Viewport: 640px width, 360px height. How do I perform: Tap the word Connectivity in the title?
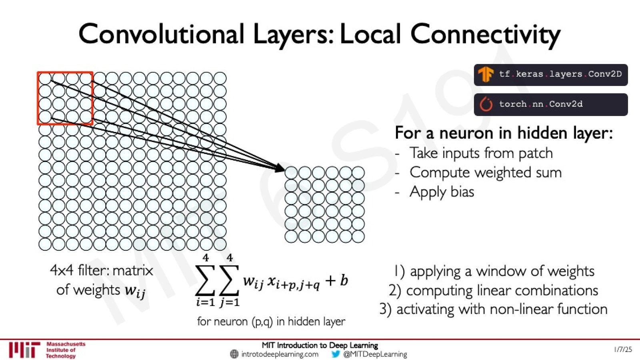(485, 35)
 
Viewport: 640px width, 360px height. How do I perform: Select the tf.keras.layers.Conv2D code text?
(560, 74)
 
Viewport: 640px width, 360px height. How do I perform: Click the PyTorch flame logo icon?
(486, 104)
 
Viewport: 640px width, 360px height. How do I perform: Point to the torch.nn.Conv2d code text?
(541, 104)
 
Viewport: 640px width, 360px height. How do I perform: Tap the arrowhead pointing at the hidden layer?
(280, 168)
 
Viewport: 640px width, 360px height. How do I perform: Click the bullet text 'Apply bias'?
(442, 192)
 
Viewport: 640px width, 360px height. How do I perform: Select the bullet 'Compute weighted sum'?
(486, 173)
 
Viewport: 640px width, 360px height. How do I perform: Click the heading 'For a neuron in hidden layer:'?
(504, 134)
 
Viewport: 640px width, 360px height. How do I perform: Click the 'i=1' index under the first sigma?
(205, 302)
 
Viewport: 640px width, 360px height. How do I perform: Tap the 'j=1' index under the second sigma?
(230, 302)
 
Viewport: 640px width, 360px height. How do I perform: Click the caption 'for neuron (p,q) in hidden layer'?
(271, 322)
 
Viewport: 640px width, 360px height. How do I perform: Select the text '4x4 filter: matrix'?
(102, 270)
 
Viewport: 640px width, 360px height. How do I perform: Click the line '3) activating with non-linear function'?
(494, 310)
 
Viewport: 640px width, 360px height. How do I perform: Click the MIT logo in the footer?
(24, 350)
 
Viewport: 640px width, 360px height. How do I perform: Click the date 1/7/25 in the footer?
(623, 350)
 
